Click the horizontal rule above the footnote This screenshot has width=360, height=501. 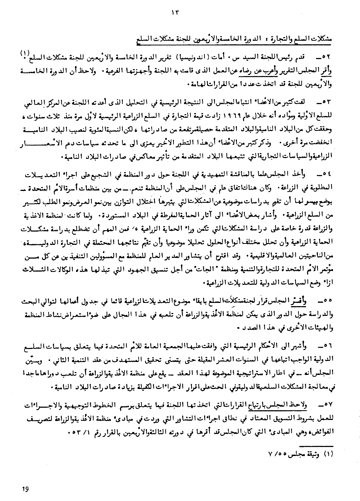[x=310, y=444]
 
